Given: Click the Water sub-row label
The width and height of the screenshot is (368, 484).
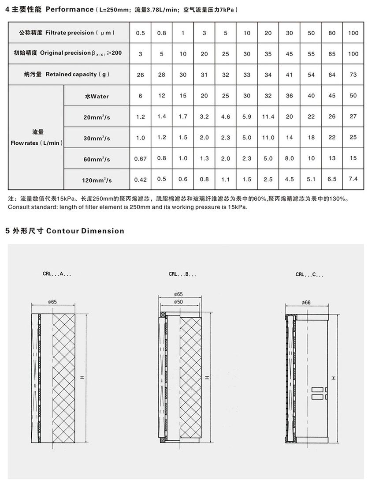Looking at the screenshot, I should pos(97,96).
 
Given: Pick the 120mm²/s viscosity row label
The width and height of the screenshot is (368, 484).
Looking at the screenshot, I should pos(97,180).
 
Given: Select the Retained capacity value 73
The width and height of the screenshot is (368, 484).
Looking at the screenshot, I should pos(353,75).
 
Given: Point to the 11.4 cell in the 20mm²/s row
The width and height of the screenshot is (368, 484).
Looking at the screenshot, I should pos(268,117).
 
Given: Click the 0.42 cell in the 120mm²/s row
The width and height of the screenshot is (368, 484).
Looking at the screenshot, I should pos(140,180).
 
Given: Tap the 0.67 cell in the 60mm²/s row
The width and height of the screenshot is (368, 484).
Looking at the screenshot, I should pos(140,159).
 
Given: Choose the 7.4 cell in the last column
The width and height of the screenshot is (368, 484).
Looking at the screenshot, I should pos(353,180).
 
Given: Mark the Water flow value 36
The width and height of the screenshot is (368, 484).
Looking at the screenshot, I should pos(289,96).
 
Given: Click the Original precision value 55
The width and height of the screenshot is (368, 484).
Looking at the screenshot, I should pos(311,54).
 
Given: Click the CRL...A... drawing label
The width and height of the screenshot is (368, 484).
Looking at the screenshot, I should pos(58,274).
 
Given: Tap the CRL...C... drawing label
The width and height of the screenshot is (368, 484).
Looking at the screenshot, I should pos(309,274).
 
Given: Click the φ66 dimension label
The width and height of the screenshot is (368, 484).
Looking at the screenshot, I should pos(306,302).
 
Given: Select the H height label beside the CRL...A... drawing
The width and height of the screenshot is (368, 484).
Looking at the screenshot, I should pos(82,378).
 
